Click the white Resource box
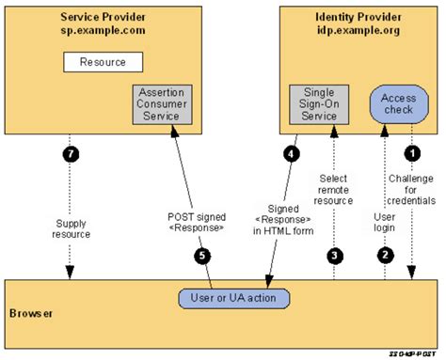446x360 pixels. click(x=103, y=62)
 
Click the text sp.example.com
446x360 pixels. click(x=103, y=30)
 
